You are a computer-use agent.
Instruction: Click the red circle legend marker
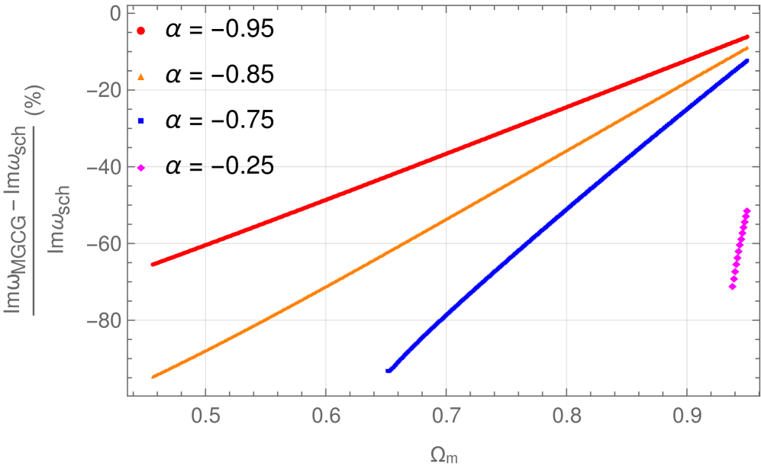pyautogui.click(x=141, y=31)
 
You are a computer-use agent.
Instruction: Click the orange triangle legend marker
pyautogui.click(x=141, y=76)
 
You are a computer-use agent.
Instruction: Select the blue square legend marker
pyautogui.click(x=141, y=121)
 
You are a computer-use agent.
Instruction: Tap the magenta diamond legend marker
pyautogui.click(x=141, y=168)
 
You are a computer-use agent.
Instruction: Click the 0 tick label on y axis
pyautogui.click(x=115, y=14)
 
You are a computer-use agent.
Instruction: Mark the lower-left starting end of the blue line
pyautogui.click(x=389, y=371)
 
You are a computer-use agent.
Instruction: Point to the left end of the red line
pyautogui.click(x=153, y=264)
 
